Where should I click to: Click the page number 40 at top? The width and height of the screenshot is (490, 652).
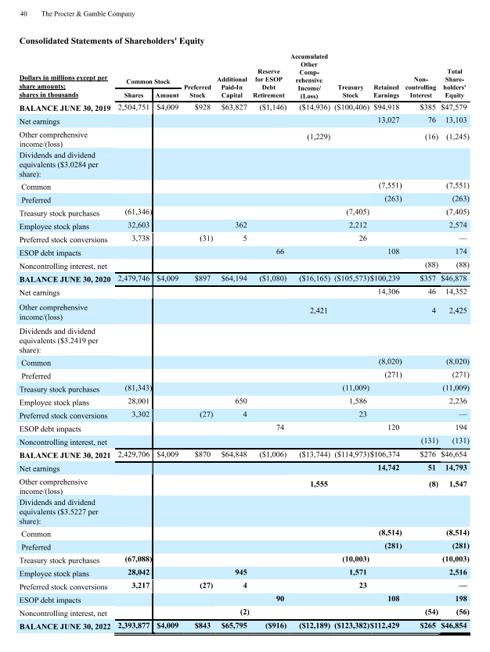24,14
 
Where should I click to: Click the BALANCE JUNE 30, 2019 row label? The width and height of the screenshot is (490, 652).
66,107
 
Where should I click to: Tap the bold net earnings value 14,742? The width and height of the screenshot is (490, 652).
389,467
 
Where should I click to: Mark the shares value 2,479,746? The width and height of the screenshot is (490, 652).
135,278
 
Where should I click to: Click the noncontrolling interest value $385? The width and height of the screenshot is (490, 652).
427,107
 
